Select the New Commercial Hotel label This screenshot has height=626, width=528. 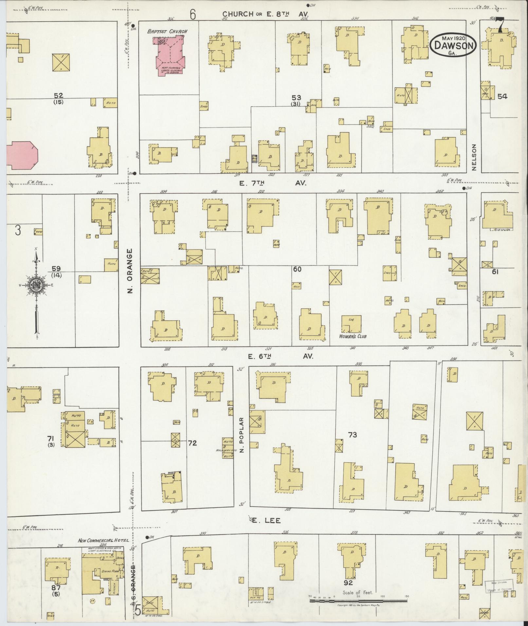[x=103, y=541]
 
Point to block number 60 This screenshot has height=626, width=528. [x=297, y=269]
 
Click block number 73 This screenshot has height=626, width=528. [x=352, y=435]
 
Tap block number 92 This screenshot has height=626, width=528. [x=348, y=582]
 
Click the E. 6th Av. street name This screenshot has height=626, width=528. [x=281, y=356]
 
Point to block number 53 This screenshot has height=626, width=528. [x=296, y=98]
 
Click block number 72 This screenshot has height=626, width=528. [x=192, y=443]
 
